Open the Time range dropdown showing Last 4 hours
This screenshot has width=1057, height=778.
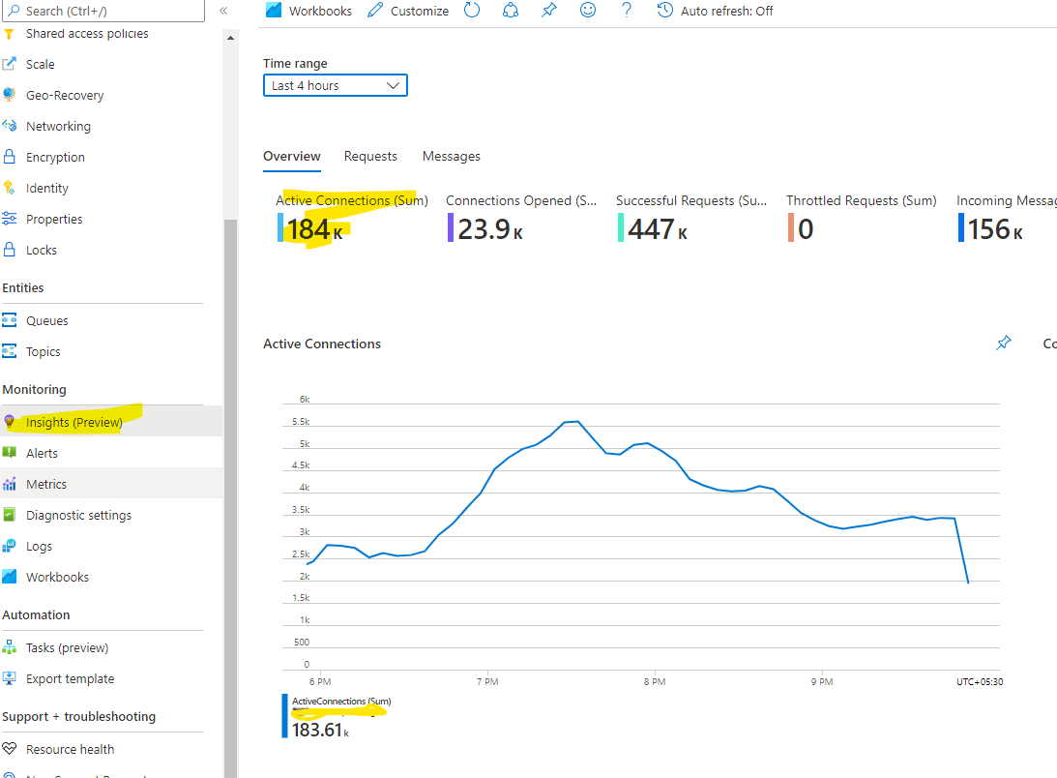(335, 85)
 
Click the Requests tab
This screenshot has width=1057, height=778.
(370, 156)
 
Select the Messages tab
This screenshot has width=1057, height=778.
(451, 156)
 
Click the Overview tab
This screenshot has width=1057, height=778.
(291, 156)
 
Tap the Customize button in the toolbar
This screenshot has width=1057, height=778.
(408, 11)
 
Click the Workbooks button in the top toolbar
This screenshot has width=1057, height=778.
(308, 11)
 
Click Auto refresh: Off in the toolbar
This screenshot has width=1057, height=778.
(715, 11)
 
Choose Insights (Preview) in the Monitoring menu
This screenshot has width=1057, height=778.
(73, 422)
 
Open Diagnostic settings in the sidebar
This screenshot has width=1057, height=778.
(78, 515)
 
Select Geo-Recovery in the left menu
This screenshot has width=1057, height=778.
(65, 95)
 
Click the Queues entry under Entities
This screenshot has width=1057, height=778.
(46, 320)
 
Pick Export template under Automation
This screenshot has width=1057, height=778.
(70, 678)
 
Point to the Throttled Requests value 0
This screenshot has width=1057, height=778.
(805, 229)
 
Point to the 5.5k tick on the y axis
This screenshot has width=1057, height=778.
(302, 422)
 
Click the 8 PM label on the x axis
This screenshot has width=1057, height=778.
(655, 681)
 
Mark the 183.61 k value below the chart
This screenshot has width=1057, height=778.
(319, 730)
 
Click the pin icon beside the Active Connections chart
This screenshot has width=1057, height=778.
(1004, 344)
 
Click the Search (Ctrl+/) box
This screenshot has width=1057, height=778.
(106, 11)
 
